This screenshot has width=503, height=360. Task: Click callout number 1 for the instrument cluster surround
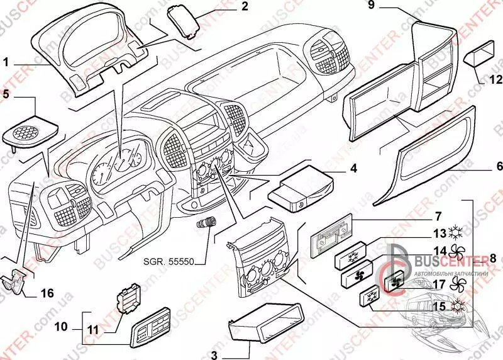point(6,62)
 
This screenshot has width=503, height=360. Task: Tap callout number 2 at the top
point(227,7)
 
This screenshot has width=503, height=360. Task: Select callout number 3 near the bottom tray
point(214,354)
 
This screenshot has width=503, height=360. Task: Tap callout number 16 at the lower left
point(48,293)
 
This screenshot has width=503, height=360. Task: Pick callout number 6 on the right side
point(499,166)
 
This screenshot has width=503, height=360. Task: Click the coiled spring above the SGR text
point(207,223)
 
